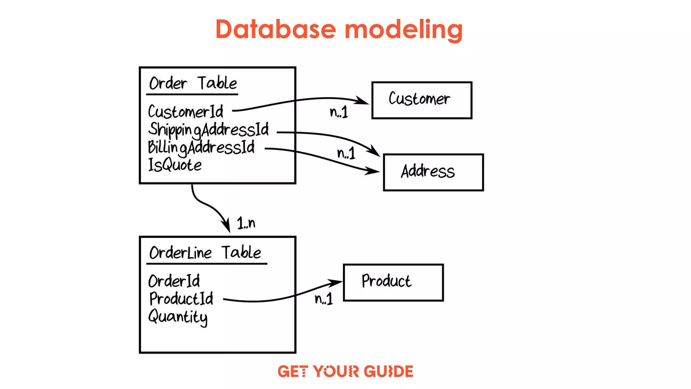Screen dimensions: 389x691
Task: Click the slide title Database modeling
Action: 339,30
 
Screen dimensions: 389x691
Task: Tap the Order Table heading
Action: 193,83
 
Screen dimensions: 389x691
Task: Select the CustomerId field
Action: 186,112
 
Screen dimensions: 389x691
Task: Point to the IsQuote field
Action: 175,165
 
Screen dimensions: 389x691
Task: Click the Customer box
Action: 421,100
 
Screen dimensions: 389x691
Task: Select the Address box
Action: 433,172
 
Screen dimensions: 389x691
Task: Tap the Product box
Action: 393,282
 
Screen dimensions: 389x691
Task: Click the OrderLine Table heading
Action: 205,253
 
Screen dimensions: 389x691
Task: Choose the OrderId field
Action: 174,281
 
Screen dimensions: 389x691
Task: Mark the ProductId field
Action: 181,299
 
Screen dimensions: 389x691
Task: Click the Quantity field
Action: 178,317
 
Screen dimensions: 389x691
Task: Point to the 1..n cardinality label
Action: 246,223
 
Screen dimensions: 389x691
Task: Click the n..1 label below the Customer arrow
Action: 339,112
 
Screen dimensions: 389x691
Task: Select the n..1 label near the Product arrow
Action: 324,299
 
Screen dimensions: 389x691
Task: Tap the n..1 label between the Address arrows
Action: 346,153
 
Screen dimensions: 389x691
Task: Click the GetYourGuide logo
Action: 345,371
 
